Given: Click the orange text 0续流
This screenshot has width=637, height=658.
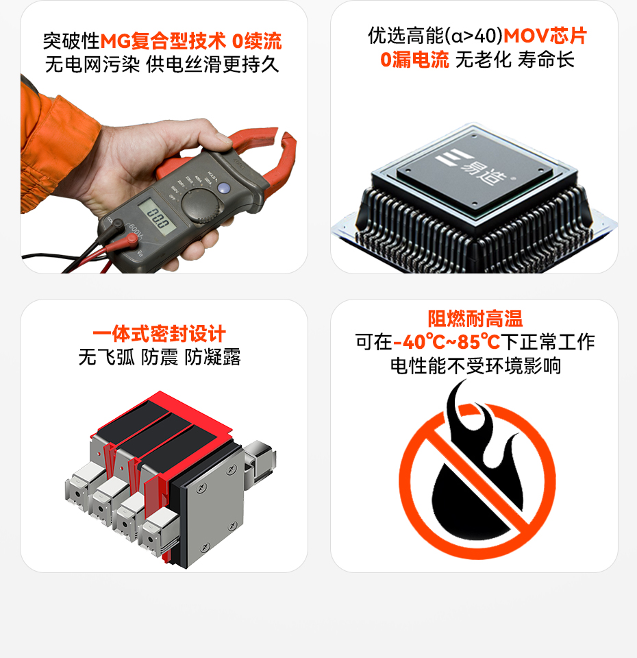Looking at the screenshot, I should click(x=256, y=41).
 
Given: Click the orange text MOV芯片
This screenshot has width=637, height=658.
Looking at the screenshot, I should click(x=545, y=36).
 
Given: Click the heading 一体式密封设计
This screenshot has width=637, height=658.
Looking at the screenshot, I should click(x=160, y=334).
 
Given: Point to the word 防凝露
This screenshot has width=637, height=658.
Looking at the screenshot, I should click(x=212, y=357).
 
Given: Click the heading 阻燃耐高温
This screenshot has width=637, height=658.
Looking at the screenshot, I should click(x=475, y=319).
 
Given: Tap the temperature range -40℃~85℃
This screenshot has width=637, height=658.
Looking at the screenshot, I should click(x=447, y=341).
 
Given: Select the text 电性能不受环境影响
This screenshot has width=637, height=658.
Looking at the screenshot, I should click(x=475, y=365).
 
